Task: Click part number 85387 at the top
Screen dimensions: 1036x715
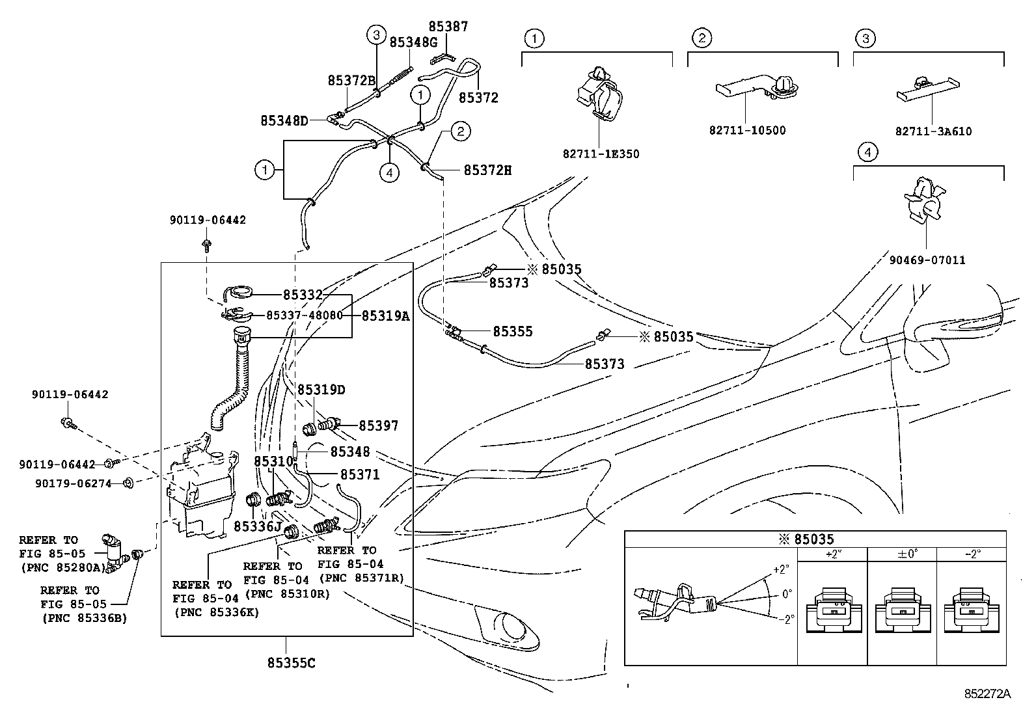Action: coord(448,27)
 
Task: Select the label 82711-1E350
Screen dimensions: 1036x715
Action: coord(601,154)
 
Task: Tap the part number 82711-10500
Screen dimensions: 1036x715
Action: coord(748,130)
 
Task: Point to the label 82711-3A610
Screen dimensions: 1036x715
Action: coord(933,131)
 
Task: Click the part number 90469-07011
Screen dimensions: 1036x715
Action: coord(927,260)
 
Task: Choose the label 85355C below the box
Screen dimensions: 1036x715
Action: coord(292,663)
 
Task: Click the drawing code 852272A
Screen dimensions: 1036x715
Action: coord(987,694)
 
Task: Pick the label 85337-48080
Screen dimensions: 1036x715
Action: coord(305,316)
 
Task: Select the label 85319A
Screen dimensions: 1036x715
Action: coord(386,316)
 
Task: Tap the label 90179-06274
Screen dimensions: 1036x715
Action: coord(73,484)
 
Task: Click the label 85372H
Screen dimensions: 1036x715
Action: coord(487,170)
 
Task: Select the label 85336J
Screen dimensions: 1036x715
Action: coord(258,526)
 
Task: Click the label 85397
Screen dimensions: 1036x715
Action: coord(378,425)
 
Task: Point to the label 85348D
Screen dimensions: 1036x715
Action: coord(284,121)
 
